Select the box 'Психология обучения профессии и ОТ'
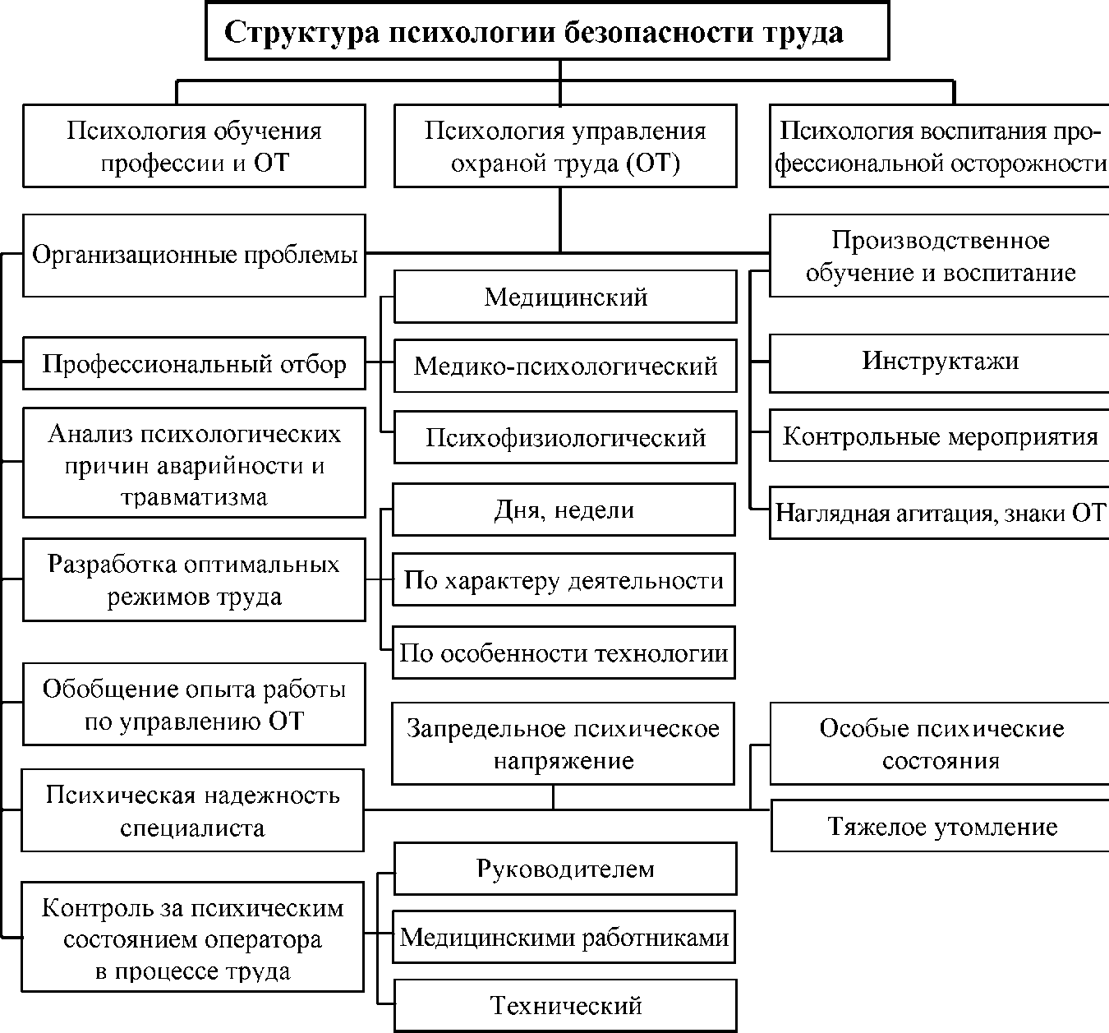tap(194, 145)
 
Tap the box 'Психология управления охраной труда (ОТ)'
tap(565, 145)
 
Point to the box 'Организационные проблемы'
tap(194, 255)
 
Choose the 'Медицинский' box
tap(565, 297)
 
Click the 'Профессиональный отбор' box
tap(194, 364)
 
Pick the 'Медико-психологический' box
tap(565, 366)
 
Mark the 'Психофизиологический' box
tap(565, 437)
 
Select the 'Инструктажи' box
tap(940, 362)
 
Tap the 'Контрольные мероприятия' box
tap(940, 436)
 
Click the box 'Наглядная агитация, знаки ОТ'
tap(940, 513)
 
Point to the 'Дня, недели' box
tap(564, 510)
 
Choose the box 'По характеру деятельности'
tap(564, 581)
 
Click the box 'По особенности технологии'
tap(564, 653)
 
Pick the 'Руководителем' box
tap(565, 869)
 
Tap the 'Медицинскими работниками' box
tap(565, 938)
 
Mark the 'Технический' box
tap(565, 1005)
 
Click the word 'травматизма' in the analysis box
tap(194, 497)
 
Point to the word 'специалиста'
tap(192, 827)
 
